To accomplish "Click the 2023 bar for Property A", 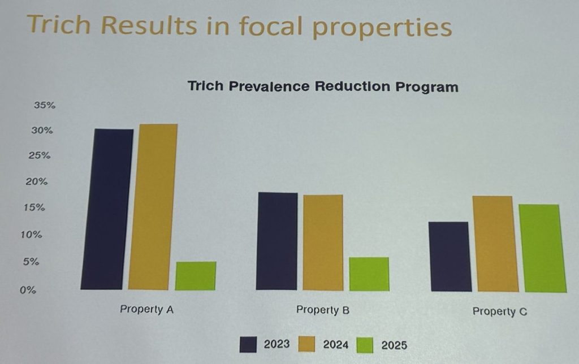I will [x=107, y=209].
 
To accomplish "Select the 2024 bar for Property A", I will [x=153, y=207].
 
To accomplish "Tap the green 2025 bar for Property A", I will [x=196, y=276].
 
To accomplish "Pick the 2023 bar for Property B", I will [x=276, y=241].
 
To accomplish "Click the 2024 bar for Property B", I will [x=322, y=242].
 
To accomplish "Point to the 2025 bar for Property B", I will [x=369, y=274].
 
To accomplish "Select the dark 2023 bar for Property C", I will [x=450, y=257].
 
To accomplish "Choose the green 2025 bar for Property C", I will [x=543, y=248].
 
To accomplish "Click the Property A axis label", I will [x=146, y=310].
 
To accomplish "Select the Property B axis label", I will [x=323, y=310].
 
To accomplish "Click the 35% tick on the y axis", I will [x=44, y=106].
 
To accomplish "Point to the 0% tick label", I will [x=29, y=290].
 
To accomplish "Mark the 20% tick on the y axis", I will [x=40, y=182].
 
